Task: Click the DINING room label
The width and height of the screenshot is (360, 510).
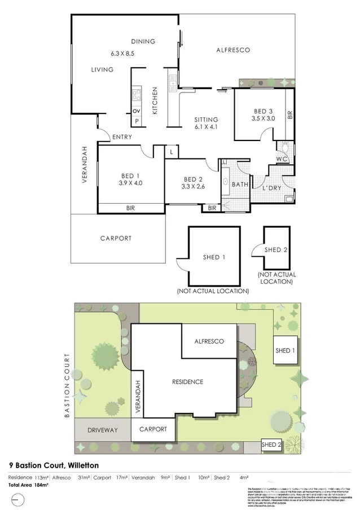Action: (143, 42)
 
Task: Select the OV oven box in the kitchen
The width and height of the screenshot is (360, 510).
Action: (136, 111)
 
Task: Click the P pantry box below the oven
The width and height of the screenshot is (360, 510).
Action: (136, 121)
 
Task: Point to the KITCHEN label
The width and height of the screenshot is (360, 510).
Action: (155, 102)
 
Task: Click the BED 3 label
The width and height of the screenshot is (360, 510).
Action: (262, 111)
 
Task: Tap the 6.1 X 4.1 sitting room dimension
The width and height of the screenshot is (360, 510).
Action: (206, 128)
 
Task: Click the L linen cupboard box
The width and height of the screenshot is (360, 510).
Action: (171, 152)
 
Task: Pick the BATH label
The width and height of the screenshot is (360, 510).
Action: (240, 184)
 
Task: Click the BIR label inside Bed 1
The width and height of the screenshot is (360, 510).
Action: (130, 208)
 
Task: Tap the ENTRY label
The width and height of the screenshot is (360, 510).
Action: (122, 137)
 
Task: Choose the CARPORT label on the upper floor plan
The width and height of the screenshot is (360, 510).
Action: (116, 238)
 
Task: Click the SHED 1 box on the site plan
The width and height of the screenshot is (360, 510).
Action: (285, 350)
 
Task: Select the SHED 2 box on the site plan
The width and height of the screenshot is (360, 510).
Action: (271, 445)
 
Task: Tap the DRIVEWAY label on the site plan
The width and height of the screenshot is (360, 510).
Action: (102, 430)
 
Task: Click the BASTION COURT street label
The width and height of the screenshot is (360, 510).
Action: (67, 386)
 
